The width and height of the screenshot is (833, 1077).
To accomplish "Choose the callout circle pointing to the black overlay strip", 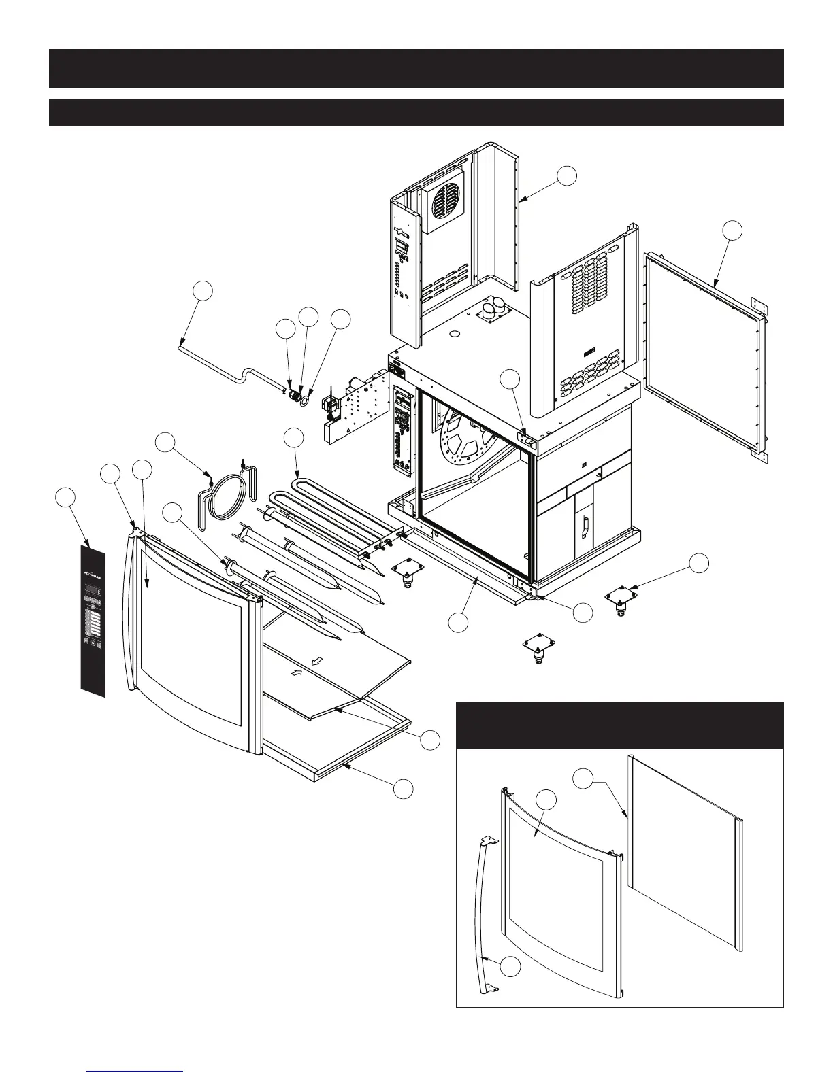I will coord(65,497).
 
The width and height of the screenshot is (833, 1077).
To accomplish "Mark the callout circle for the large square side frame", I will coord(732,230).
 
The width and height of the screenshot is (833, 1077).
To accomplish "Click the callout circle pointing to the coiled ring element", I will coord(165,442).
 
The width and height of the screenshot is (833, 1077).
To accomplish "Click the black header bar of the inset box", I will coord(619,725).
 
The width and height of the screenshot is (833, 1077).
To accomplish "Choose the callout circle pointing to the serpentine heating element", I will coord(293,439).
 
